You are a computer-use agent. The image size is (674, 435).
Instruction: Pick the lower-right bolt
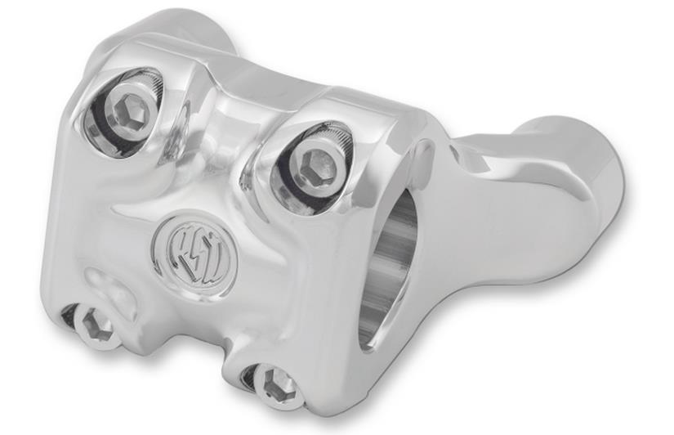click(x=277, y=383)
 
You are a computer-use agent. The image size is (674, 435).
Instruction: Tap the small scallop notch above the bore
click(x=426, y=152)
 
